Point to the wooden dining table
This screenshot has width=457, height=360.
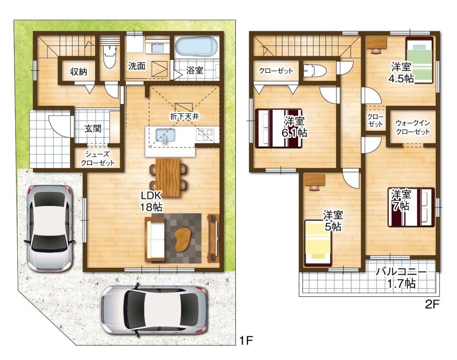(168, 176)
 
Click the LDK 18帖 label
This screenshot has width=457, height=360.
(152, 202)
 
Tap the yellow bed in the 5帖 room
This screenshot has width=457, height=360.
(318, 243)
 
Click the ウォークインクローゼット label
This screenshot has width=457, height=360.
(412, 127)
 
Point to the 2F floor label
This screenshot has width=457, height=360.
(433, 304)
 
